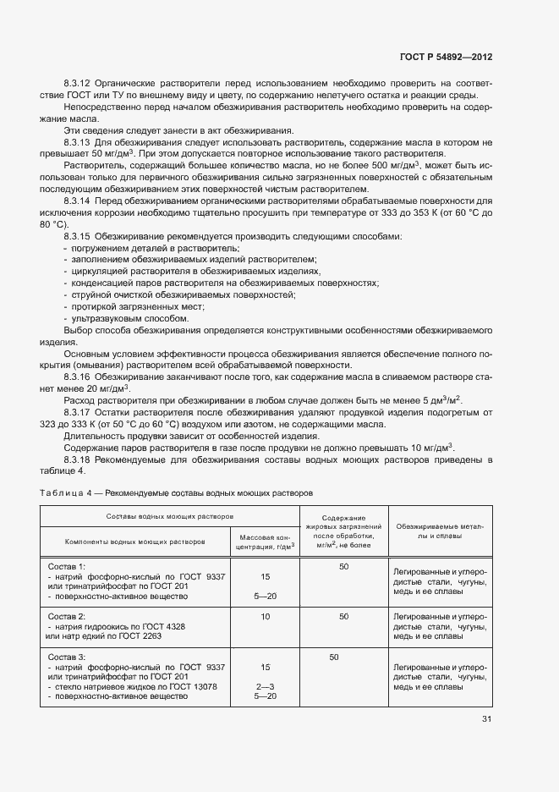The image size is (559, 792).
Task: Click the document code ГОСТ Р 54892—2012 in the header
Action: coord(446,57)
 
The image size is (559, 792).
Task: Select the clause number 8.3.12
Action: coord(77,85)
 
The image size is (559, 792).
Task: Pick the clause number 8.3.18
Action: coord(77,459)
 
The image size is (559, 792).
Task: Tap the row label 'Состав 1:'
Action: coord(67,567)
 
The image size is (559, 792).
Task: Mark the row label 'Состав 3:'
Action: coord(67,657)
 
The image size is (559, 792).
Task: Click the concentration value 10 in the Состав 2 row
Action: coord(265,617)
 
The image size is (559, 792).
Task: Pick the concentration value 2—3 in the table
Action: coord(265,686)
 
